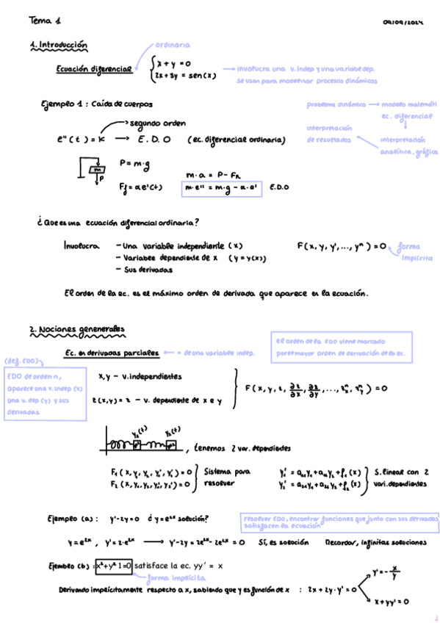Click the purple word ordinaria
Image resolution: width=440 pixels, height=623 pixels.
pos(173,45)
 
